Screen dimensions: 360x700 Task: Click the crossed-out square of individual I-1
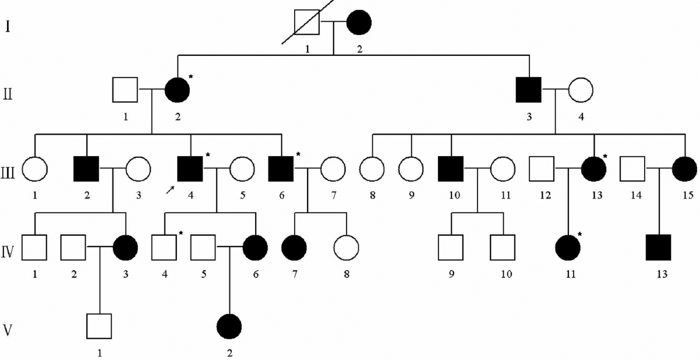307,23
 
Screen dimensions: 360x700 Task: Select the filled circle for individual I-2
359,23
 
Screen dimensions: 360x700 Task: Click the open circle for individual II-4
581,90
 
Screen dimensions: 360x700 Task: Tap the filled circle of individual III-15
684,170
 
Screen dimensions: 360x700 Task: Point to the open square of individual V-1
100,327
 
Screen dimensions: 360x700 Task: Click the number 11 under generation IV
569,274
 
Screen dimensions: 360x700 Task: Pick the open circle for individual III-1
35,170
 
